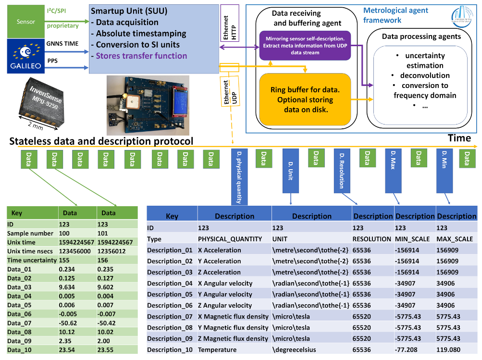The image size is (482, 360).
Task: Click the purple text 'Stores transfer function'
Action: (141, 56)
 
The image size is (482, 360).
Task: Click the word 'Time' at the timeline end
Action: (459, 138)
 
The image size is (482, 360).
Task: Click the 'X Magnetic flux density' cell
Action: (233, 316)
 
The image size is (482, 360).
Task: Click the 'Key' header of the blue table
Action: (172, 216)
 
